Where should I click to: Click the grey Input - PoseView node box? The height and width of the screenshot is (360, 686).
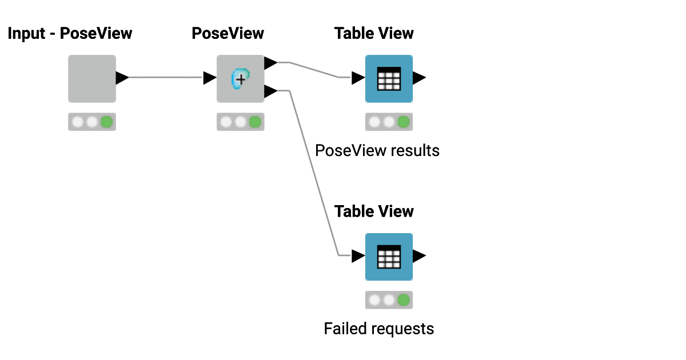coord(91,78)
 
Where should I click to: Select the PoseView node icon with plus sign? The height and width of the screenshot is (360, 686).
coord(240,78)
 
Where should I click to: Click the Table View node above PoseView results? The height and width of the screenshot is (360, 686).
coord(389,78)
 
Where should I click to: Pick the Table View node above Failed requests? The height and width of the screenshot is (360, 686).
coord(389,257)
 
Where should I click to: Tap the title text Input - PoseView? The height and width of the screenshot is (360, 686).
coord(70,34)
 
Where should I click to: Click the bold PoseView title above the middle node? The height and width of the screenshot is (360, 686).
coord(228,34)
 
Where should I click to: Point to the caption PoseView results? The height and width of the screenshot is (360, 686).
coord(377,151)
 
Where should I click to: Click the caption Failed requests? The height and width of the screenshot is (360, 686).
coord(378,329)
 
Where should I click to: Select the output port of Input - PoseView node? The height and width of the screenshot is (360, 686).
coord(122,78)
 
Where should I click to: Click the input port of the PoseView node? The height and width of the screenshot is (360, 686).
coord(210,78)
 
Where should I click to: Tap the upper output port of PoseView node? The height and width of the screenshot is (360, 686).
coord(270,62)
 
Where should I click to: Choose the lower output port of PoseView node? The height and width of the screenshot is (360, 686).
coord(270,91)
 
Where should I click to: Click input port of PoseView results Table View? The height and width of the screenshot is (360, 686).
coord(358,78)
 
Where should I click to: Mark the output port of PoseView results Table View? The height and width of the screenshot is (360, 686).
coord(419,78)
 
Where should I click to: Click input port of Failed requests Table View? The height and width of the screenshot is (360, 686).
coord(358,256)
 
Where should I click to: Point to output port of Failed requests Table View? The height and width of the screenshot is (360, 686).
coord(419,256)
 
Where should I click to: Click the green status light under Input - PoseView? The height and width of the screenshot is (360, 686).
coord(106,122)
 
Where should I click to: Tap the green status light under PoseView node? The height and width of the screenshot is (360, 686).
coord(255,122)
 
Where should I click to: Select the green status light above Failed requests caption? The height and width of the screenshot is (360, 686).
coord(404,301)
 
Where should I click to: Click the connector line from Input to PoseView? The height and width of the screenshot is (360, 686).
coord(166,78)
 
